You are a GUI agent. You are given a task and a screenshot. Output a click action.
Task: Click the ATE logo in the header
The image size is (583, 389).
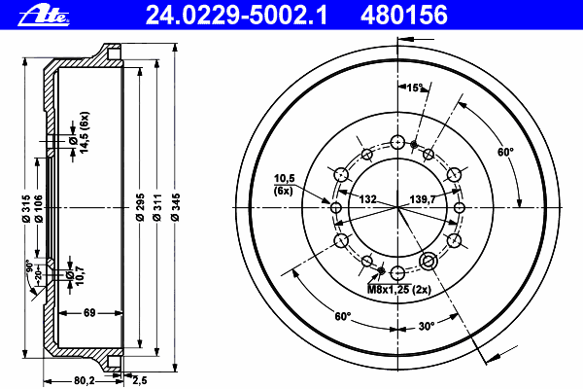[x=44, y=16]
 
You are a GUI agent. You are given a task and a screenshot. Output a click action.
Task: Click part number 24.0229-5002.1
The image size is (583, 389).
[x=236, y=16]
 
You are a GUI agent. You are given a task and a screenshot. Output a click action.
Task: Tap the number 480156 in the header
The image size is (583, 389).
[x=404, y=16]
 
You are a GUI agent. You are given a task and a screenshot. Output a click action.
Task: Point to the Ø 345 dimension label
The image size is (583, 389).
[x=175, y=207]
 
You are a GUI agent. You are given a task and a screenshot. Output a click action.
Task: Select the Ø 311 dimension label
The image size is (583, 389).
[x=157, y=207]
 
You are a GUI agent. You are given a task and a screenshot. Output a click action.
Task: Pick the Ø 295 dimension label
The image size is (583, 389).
[x=140, y=207]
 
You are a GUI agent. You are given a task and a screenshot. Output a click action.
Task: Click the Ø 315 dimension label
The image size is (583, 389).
[x=25, y=208]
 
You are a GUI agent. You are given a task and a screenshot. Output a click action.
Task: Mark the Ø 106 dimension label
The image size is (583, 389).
[x=38, y=208]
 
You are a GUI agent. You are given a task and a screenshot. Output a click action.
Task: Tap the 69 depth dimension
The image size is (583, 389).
[x=89, y=313]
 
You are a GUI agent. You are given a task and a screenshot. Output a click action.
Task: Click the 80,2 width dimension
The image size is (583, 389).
[x=85, y=381]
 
